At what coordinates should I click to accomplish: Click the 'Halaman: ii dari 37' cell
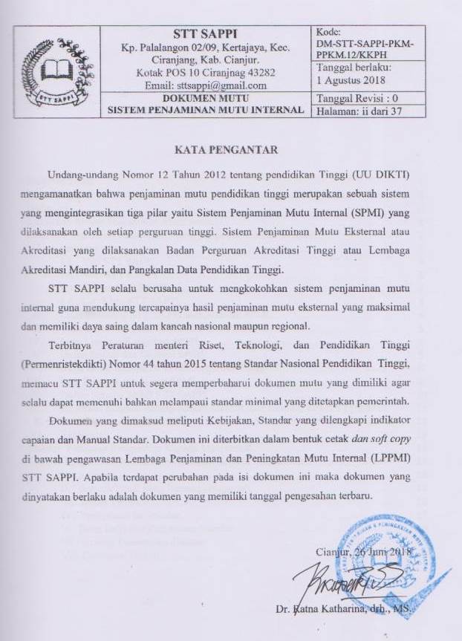point(359,111)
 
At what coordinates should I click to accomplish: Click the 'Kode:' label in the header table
point(328,32)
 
